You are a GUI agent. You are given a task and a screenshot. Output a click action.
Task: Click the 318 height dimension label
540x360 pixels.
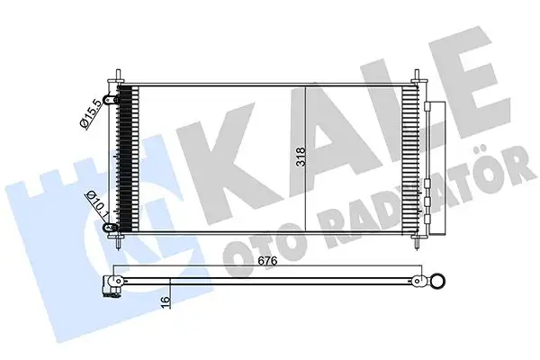301,158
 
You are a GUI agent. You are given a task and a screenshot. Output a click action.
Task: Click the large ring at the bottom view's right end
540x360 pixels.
437,283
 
